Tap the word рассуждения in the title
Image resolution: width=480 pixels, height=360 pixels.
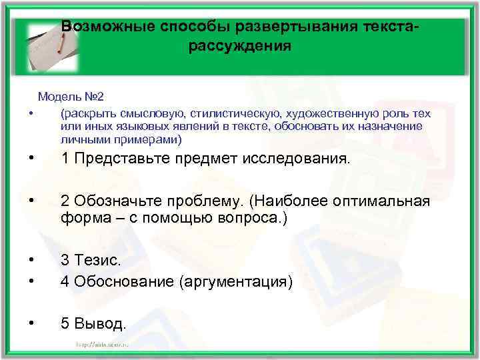click(x=240, y=46)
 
